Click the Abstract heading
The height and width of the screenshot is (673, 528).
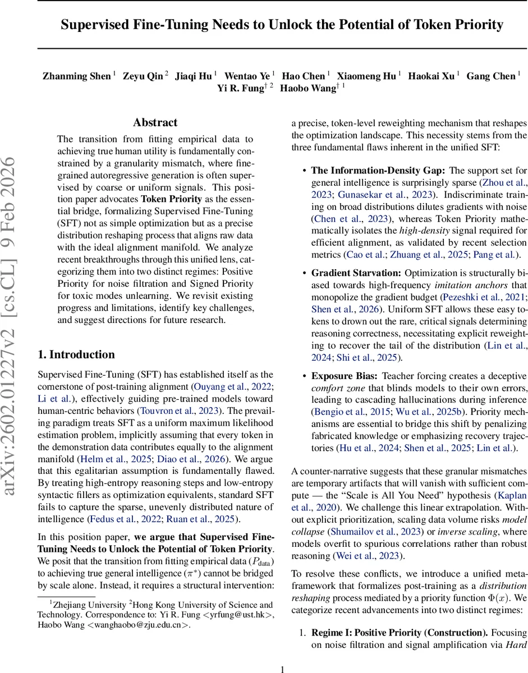155,123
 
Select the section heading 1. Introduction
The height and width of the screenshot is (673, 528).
76,354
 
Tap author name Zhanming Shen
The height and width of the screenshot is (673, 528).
76,76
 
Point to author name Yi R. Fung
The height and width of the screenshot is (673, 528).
241,88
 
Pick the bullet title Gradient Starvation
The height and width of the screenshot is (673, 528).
356,273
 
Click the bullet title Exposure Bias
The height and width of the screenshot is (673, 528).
347,375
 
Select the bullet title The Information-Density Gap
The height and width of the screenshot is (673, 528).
379,170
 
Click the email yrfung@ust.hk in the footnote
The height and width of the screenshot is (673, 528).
236,615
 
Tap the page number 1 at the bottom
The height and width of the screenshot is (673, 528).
283,669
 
